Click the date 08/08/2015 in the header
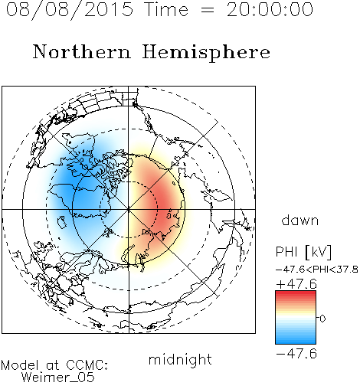[70, 10]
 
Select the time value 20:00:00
[270, 10]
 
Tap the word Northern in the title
[82, 51]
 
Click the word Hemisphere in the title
[206, 53]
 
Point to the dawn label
[300, 220]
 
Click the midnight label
[180, 360]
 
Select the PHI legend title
[286, 252]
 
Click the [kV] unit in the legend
[318, 252]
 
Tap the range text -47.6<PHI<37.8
[317, 270]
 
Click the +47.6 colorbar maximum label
[296, 284]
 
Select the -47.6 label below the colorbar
[296, 354]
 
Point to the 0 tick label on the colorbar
[322, 319]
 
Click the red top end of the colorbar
[296, 293]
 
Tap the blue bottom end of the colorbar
[296, 342]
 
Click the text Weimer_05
[57, 378]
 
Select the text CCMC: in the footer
[87, 365]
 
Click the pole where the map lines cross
[129, 209]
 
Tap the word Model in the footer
[20, 365]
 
